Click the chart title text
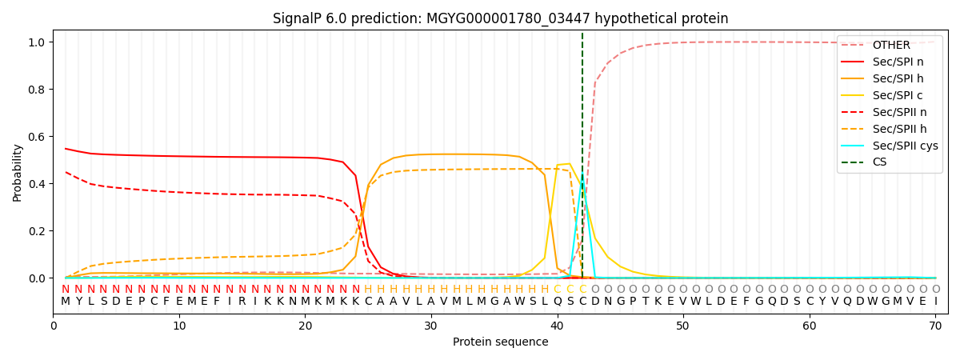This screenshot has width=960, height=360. (x=500, y=18)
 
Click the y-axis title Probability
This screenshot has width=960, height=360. (x=17, y=173)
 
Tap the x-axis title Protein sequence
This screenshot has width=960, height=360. (x=500, y=342)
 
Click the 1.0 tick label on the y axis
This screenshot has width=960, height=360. (x=38, y=42)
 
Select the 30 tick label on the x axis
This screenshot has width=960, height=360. (x=431, y=326)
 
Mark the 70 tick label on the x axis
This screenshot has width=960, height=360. (x=935, y=326)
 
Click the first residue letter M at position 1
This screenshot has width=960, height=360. (x=66, y=302)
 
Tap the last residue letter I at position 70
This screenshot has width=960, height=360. (x=935, y=302)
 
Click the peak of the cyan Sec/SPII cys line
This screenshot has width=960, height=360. (x=582, y=181)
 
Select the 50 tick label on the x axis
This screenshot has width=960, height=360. (x=683, y=326)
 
